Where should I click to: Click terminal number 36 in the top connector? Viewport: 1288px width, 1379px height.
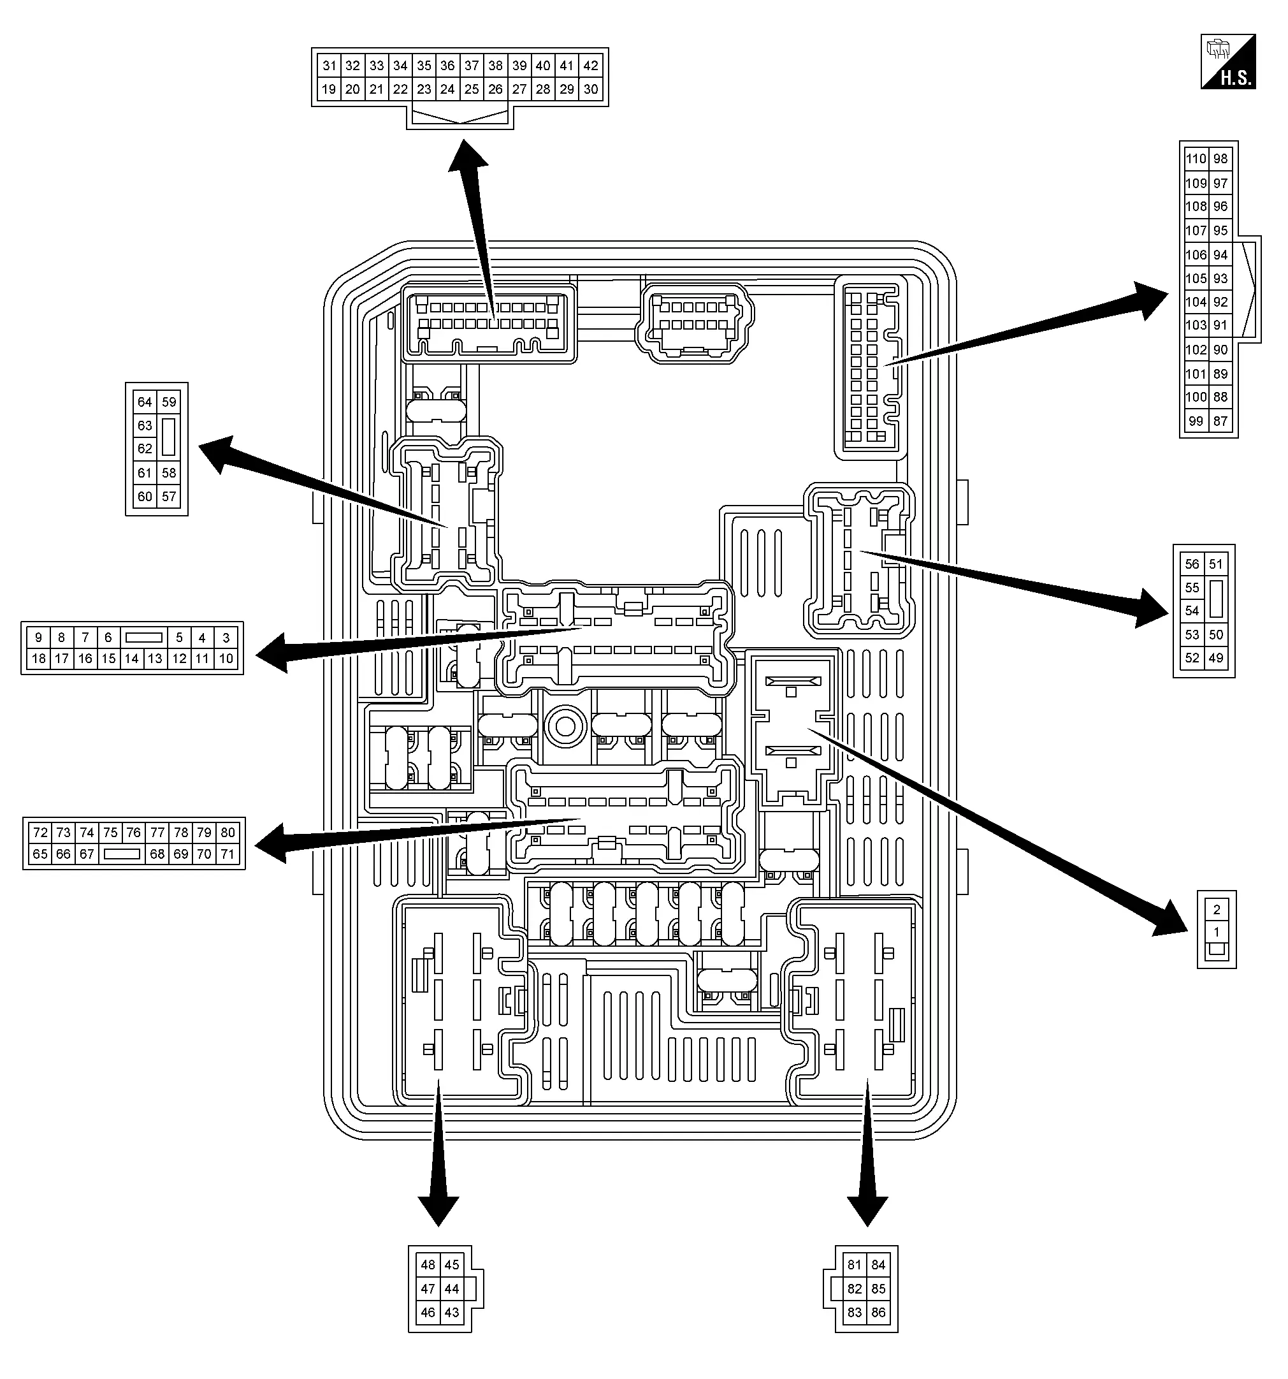coord(447,66)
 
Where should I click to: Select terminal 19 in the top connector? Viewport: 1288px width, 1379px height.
coord(329,89)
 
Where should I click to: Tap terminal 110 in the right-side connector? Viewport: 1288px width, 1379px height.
coord(1196,159)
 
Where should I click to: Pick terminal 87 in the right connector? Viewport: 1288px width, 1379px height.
coord(1220,420)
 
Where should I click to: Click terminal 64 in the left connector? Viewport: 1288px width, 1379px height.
coord(144,402)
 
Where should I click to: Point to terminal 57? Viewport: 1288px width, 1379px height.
coord(168,496)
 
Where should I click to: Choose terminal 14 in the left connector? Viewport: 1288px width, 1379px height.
coord(132,659)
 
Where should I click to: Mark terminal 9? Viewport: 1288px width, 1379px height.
coord(38,637)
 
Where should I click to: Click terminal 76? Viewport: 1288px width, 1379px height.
coord(134,833)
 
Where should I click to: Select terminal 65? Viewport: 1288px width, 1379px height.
coord(40,854)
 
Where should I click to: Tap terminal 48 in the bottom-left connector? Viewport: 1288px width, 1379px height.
coord(428,1264)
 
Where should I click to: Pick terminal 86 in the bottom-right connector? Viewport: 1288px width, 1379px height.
coord(878,1313)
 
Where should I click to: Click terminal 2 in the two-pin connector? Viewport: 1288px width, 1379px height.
coord(1217,909)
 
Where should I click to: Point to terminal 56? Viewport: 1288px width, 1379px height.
coord(1192,564)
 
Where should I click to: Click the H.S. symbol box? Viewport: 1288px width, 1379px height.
coord(1228,62)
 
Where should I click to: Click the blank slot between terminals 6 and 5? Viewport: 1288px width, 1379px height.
coord(143,637)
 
